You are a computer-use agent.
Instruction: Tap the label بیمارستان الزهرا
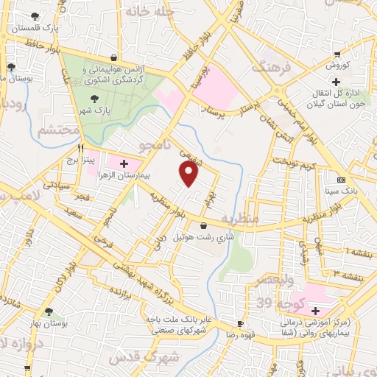144,177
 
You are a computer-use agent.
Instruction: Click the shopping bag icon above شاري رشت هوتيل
203,225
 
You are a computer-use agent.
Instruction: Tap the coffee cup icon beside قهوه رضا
240,324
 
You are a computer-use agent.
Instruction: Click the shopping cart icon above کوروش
337,53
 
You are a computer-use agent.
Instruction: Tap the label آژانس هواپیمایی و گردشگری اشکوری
113,74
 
